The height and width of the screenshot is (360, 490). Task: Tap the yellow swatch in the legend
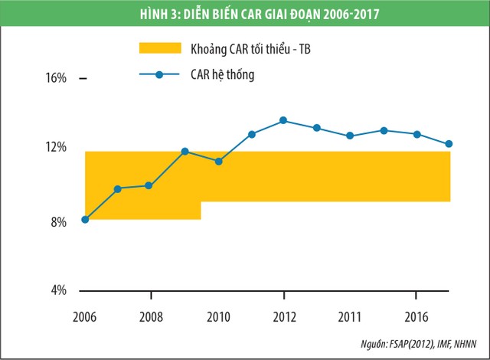[x=159, y=49]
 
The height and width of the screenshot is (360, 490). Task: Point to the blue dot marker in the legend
[x=159, y=75]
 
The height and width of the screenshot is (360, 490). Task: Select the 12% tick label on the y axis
[x=58, y=147]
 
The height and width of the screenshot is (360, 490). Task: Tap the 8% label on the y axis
[x=60, y=222]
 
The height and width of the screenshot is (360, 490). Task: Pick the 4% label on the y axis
[x=60, y=290]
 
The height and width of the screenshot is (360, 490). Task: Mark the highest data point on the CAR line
[x=283, y=120]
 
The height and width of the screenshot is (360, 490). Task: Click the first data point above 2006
[x=85, y=220]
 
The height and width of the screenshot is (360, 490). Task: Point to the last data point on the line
[x=449, y=144]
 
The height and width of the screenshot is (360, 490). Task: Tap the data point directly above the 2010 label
[x=217, y=161]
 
